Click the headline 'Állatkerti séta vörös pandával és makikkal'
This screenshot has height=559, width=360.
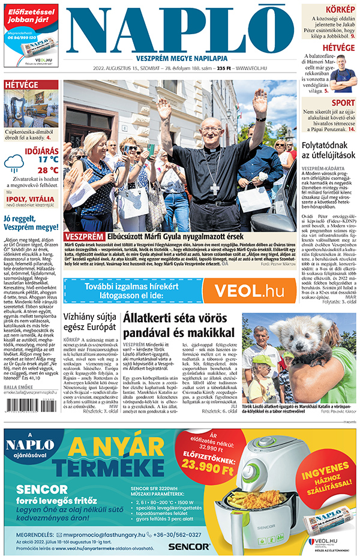[178, 324]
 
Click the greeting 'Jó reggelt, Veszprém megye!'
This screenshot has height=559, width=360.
[31, 223]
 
